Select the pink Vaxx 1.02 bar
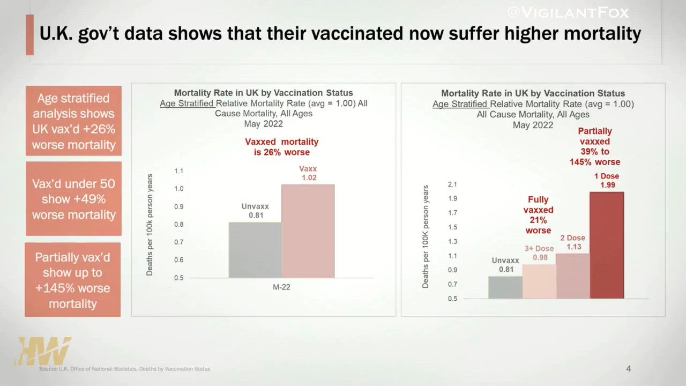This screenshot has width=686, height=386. (308, 231)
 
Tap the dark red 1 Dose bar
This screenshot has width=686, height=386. (607, 245)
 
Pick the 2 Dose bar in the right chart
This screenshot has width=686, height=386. (573, 276)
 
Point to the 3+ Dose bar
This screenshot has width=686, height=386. (539, 281)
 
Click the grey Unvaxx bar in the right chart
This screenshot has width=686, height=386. (505, 287)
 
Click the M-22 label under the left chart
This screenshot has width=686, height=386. (281, 287)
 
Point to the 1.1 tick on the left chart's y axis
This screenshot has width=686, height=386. (178, 171)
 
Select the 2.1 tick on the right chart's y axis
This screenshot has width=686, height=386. (452, 184)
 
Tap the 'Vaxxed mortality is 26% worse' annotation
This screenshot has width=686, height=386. (282, 147)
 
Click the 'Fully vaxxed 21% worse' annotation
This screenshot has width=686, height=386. (538, 215)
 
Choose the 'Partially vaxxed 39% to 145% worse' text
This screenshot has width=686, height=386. (595, 146)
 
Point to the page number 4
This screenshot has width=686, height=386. (629, 369)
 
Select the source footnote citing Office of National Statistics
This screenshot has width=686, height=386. (124, 369)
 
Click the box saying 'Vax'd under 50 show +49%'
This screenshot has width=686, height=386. (74, 199)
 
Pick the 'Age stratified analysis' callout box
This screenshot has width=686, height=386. (74, 121)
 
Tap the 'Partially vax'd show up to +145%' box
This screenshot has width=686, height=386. (73, 280)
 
